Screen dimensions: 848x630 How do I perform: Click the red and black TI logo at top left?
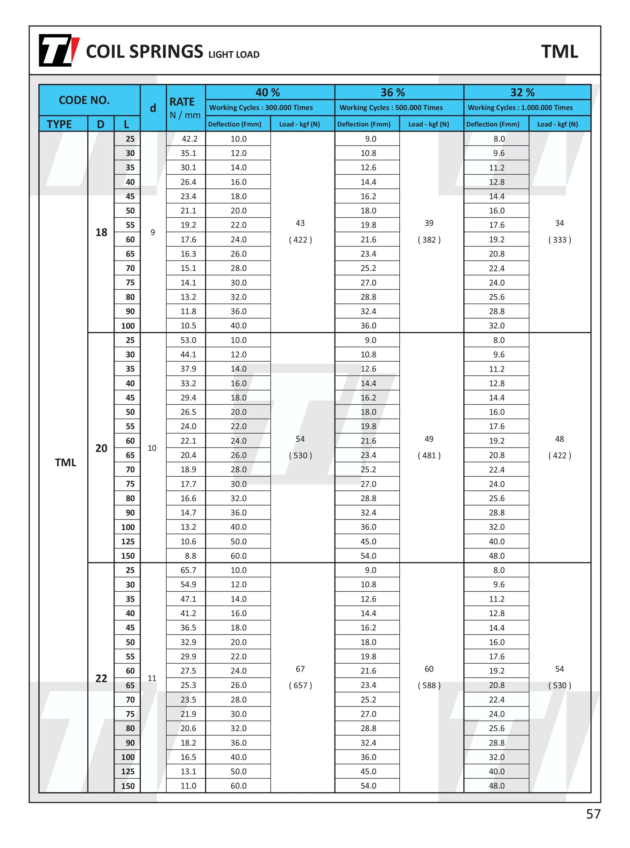coord(59,50)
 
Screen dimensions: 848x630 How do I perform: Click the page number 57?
coord(593,814)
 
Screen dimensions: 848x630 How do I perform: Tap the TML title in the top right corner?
coord(559,51)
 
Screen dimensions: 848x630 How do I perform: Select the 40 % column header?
coord(267,92)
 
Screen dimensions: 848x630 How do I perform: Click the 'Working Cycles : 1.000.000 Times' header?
coord(520,108)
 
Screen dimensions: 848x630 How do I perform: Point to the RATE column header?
coord(182,102)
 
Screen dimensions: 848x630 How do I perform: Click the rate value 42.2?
coord(189,139)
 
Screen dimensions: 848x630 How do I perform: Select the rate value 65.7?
coord(188,570)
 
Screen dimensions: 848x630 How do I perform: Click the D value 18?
coord(101,232)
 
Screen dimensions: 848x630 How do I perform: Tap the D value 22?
coord(101,678)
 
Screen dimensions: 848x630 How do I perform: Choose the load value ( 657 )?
coord(300,685)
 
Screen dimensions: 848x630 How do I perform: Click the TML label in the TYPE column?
coord(65,463)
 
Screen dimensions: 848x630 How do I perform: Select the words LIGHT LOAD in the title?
coord(234,54)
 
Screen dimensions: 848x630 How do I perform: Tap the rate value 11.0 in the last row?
coord(188,786)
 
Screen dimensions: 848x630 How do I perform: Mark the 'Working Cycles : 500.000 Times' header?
coord(391,108)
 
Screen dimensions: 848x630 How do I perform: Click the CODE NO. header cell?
coord(84,100)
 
